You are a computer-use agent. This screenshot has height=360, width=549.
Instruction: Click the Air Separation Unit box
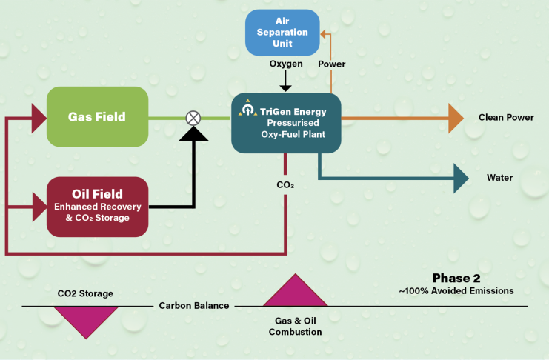[282, 32]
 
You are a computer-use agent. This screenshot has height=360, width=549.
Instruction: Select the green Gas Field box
[97, 117]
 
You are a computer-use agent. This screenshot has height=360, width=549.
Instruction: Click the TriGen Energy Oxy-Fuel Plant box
[285, 122]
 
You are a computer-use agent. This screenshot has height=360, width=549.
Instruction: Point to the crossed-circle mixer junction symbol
[193, 117]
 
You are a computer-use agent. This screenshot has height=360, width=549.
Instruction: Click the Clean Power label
[506, 117]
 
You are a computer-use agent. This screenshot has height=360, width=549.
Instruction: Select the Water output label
[499, 178]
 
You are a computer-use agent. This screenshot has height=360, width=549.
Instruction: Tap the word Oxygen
[285, 64]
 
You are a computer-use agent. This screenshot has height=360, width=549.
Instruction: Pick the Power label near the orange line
[332, 64]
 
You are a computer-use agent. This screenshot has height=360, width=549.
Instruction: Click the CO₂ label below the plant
[285, 184]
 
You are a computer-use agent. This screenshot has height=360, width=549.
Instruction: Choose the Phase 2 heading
[456, 279]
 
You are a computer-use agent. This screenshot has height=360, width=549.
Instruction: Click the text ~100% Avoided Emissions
[456, 291]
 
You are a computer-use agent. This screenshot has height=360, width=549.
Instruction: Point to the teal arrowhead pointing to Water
[461, 178]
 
